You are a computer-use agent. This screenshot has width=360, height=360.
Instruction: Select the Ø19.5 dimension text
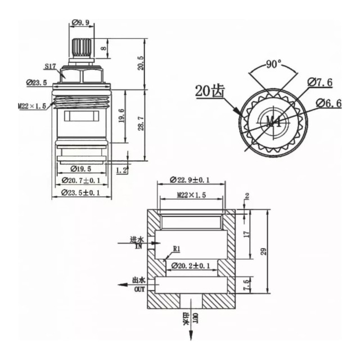(80, 168)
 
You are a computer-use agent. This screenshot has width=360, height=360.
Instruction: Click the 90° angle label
(274, 65)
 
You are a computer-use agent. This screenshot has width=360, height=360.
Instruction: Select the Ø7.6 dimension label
(319, 83)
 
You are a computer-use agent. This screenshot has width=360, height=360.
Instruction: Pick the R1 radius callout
(176, 247)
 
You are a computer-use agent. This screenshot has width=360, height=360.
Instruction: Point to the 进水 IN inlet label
(136, 243)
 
